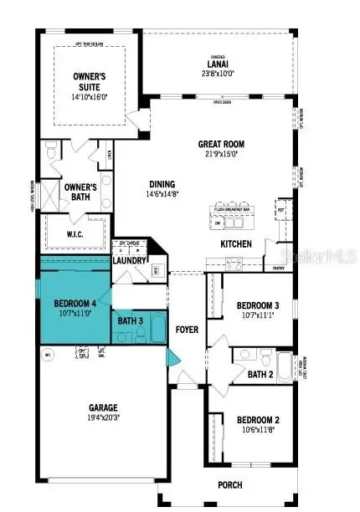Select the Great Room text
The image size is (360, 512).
(x=220, y=143)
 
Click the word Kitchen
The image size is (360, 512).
(x=236, y=243)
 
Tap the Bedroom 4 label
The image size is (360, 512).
(x=75, y=304)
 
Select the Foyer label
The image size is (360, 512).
(x=187, y=330)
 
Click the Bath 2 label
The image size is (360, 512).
(x=260, y=374)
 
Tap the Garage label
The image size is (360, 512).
(x=104, y=408)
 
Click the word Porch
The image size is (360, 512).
(x=252, y=484)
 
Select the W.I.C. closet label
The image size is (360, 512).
(x=77, y=235)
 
